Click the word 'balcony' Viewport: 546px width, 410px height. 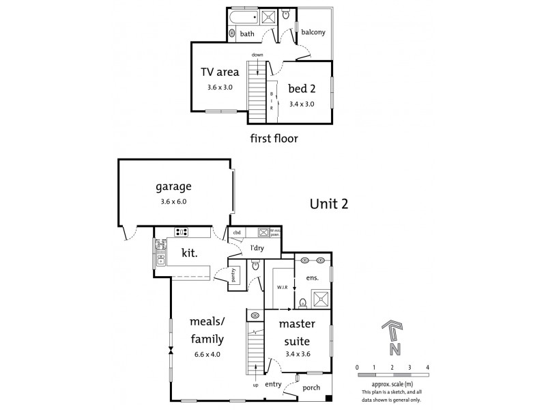(313, 32)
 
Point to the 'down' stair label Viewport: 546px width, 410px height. (257, 54)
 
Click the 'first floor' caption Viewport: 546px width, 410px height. (275, 138)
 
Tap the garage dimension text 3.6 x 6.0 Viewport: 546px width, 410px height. (172, 202)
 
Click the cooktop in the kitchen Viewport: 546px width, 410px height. (182, 232)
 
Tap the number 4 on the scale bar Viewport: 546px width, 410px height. (427, 368)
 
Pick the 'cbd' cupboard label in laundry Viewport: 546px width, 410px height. (238, 232)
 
